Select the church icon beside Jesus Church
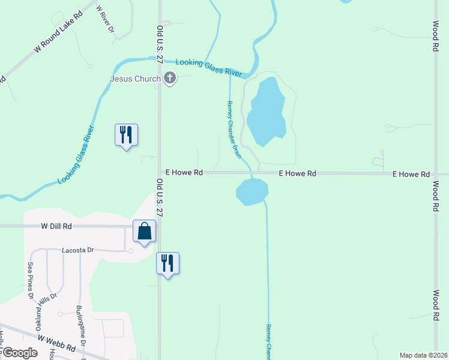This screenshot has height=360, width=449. [x=170, y=78]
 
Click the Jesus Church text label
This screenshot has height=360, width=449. [x=135, y=79]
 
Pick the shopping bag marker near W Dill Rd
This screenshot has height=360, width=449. [x=145, y=232]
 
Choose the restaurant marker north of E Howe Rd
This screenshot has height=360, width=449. [x=126, y=135]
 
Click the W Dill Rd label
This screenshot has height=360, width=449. [x=56, y=226]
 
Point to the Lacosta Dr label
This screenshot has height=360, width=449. [x=79, y=250]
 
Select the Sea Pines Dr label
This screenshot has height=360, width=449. [x=29, y=280]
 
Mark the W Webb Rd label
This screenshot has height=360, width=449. [x=56, y=343]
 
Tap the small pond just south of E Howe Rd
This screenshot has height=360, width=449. [x=252, y=191]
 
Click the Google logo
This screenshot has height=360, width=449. [x=20, y=353]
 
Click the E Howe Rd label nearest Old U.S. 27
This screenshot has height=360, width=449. [x=184, y=172]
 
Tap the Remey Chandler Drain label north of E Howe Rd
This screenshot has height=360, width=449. [x=234, y=130]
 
